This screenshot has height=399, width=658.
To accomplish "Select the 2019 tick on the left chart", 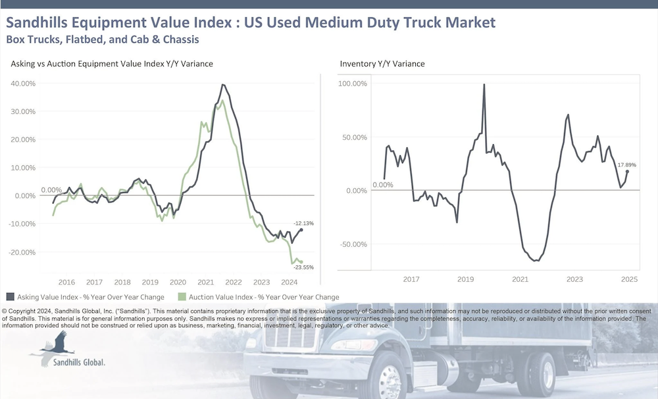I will coord(151,280).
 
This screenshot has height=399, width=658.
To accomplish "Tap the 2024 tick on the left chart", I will coord(290,280).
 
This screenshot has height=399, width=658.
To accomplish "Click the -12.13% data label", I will coord(303,223).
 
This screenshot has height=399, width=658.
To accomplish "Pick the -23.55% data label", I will coord(303,267).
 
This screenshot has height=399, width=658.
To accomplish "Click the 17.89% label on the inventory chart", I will coord(626,165).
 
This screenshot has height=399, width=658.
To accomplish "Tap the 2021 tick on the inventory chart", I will coord(520,280).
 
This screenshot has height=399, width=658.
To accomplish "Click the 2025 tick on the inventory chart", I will coord(629,280).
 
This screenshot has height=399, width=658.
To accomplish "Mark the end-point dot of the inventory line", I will coord(627,171).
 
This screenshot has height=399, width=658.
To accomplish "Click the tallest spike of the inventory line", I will coord(484,85).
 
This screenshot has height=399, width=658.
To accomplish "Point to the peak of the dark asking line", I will coord(223,85).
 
